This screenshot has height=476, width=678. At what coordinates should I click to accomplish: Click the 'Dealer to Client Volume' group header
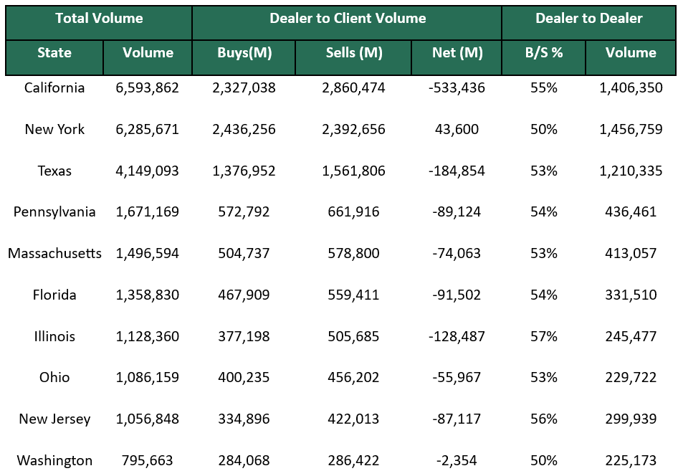(348, 19)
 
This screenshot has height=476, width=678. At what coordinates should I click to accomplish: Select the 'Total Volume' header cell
(99, 19)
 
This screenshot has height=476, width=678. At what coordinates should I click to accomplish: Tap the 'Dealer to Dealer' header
(588, 19)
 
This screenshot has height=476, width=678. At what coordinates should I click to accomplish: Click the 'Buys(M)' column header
(244, 53)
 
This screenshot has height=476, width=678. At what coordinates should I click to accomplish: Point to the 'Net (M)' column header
(457, 53)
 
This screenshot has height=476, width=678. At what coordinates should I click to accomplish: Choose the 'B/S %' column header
(543, 53)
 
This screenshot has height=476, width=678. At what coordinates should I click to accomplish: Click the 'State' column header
(54, 53)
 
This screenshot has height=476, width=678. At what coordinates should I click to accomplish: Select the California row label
(54, 88)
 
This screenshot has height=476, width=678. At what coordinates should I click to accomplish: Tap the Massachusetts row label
(54, 254)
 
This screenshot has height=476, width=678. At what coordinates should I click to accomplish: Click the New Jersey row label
(54, 419)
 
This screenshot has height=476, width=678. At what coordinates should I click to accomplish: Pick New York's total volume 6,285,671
(148, 130)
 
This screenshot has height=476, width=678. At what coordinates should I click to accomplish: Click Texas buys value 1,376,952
(244, 171)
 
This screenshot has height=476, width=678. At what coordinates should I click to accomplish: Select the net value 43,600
(457, 130)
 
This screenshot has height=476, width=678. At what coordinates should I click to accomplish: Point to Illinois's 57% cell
(543, 336)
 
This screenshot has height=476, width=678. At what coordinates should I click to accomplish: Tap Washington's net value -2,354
(457, 461)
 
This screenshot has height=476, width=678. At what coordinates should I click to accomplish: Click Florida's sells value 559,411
(353, 295)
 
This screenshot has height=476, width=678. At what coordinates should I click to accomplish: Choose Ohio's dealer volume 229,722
(631, 378)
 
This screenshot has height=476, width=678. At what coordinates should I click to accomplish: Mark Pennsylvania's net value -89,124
(457, 212)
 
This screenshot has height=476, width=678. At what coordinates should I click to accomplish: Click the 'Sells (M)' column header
(353, 53)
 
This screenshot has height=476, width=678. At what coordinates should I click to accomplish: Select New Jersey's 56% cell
(543, 419)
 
